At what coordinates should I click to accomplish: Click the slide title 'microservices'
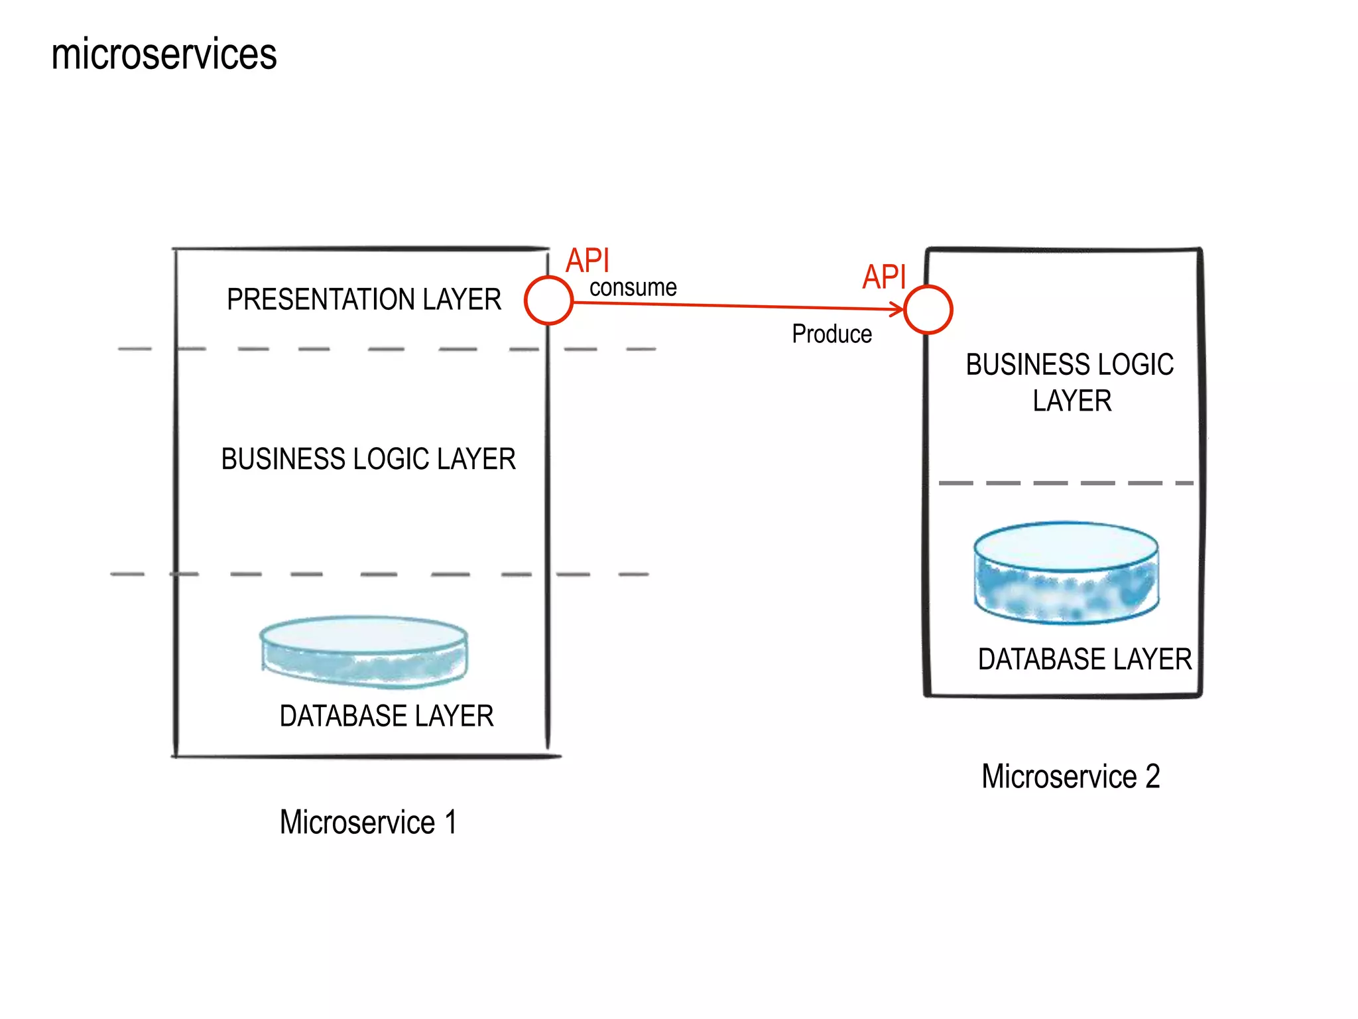coord(164,54)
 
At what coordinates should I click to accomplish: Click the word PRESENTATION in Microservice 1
coord(322,299)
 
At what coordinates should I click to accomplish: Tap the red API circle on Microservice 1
coord(548,301)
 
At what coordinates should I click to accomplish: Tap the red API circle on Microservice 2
coord(928,309)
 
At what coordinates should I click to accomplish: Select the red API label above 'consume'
coord(587,261)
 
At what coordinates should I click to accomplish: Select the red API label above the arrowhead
coord(884,277)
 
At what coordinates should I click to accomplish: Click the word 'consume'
coord(633,288)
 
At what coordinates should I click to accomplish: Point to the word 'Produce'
coord(832,334)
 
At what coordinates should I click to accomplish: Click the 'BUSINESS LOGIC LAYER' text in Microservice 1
coord(368,459)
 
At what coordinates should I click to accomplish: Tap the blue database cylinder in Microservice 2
coord(1066,573)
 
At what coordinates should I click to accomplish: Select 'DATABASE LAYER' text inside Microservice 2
coord(1085,659)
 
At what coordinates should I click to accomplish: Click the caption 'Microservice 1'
coord(368,823)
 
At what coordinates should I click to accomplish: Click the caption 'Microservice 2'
coord(1070,777)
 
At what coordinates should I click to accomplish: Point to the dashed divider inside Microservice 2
coord(1065,483)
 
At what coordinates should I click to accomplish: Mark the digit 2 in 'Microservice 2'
coord(1152,777)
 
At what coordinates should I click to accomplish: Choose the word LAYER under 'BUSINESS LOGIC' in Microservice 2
coord(1072,401)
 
